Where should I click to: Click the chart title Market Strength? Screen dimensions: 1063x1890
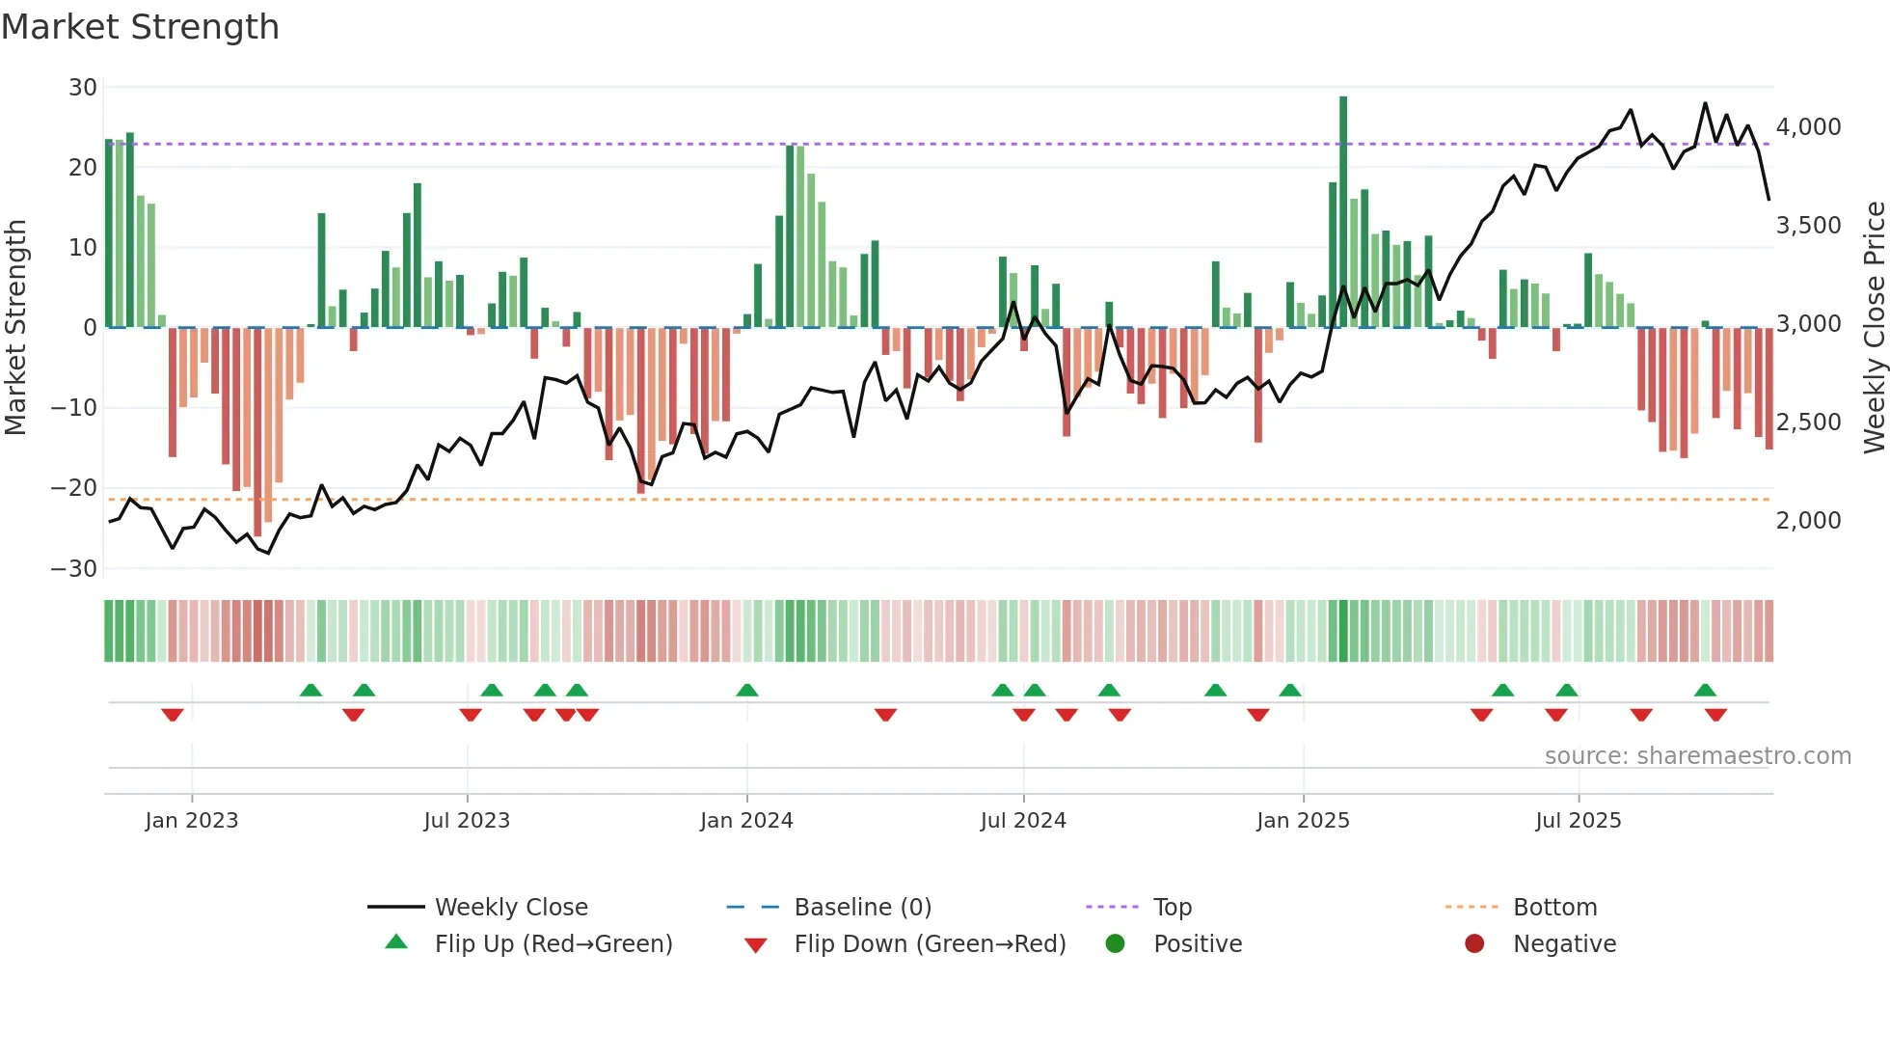click(140, 27)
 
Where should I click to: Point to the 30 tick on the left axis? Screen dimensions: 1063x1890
click(83, 88)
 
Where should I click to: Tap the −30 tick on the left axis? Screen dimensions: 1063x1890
click(74, 569)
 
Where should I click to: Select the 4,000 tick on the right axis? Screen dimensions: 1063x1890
click(1808, 127)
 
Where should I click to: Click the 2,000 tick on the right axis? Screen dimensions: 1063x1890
click(1808, 521)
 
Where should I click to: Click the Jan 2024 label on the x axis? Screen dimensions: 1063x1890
click(746, 821)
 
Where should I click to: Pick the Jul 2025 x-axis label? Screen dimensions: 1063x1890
click(1578, 821)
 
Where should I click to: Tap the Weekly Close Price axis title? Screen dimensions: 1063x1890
click(1874, 328)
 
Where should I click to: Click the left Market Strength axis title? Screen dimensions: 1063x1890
click(15, 328)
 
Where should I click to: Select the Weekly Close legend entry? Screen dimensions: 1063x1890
click(511, 908)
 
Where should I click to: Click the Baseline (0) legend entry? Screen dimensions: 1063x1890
click(862, 908)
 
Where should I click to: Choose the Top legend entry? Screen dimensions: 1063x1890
click(1173, 908)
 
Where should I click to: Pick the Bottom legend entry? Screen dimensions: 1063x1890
click(1554, 908)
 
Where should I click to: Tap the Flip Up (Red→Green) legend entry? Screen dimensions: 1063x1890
click(553, 944)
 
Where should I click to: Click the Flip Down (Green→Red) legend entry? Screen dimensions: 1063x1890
click(930, 944)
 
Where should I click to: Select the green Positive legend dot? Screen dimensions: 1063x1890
click(1115, 944)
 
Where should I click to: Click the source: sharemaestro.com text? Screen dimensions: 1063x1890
click(1697, 756)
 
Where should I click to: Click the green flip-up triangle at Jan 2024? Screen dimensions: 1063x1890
click(747, 691)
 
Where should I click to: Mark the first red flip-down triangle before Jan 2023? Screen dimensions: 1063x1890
click(173, 715)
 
